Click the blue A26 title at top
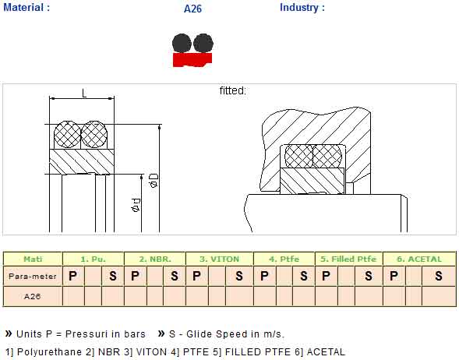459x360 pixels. point(192,9)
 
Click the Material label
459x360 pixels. point(26,7)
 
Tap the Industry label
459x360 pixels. point(302,7)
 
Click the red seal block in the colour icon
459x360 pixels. point(192,60)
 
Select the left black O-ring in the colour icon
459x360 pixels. point(182,44)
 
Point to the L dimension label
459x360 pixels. point(84,94)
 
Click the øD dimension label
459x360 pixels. point(154,180)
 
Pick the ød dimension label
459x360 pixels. point(136,205)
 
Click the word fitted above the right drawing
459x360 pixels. point(233,90)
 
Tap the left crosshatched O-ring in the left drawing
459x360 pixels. point(67,134)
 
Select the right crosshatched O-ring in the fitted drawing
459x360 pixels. point(327,157)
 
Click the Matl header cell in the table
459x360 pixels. point(33,259)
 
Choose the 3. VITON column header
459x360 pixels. point(219,259)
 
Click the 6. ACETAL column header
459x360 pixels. point(419,259)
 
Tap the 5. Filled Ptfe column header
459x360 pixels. point(348,259)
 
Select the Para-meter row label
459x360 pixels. point(33,276)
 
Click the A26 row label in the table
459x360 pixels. point(32,296)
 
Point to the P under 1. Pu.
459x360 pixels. point(72,276)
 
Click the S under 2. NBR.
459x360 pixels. point(175,276)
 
